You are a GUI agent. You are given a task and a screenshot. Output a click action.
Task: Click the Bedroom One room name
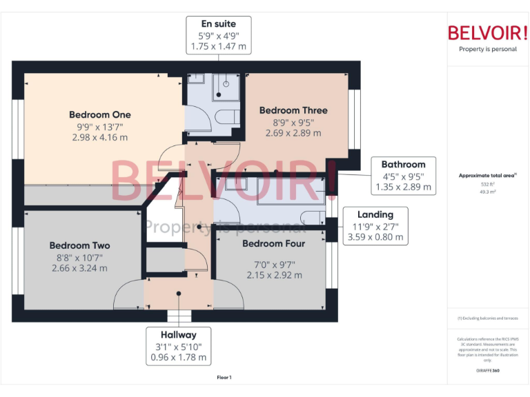[x=99, y=114]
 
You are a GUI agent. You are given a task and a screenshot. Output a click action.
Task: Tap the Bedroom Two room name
[x=79, y=245]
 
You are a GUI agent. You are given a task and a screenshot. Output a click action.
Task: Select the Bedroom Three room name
[x=293, y=110]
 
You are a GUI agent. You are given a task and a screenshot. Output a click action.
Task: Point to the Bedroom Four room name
[x=274, y=243]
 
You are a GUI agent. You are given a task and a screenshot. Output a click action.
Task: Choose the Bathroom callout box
[x=403, y=175]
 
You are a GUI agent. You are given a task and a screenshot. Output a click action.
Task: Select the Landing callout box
[x=375, y=225]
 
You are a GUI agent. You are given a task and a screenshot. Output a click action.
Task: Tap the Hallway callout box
[x=179, y=346]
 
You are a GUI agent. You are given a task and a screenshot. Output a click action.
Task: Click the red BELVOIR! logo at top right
[x=487, y=32]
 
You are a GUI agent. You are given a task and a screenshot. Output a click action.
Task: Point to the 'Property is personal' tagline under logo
[x=487, y=49]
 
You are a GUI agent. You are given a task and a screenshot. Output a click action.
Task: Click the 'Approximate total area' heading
[x=487, y=176]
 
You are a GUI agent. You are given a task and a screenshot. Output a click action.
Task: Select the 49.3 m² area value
[x=488, y=192]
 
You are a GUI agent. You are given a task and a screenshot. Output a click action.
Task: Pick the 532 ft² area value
[x=488, y=185]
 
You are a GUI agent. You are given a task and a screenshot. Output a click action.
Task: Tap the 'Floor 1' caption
[x=224, y=377]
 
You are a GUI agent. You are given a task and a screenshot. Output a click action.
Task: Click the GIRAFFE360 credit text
[x=488, y=370]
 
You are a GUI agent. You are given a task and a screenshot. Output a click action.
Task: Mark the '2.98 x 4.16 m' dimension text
[x=99, y=137]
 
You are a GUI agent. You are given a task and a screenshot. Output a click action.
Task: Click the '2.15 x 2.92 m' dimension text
[x=274, y=275]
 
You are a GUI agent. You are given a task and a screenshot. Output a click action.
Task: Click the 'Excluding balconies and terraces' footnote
[x=488, y=318]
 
